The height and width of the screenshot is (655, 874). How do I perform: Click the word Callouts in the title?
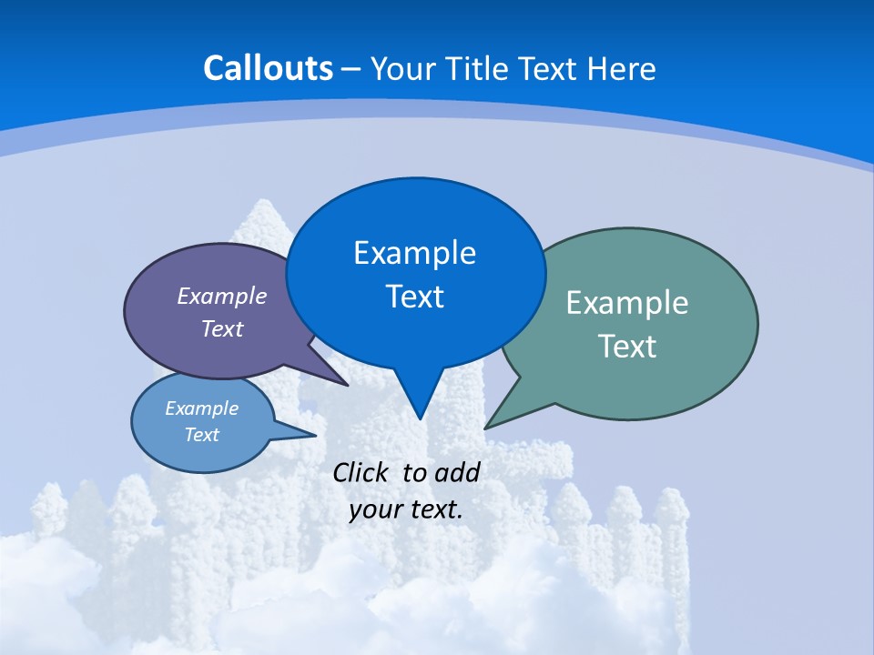point(268,68)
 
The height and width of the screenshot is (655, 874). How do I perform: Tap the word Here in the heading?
point(622,69)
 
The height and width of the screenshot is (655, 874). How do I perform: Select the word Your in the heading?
point(403,69)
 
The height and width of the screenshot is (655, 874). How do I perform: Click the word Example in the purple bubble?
point(222,296)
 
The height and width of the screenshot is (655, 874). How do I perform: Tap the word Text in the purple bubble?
point(222,328)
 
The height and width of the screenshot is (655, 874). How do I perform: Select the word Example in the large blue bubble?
point(414,253)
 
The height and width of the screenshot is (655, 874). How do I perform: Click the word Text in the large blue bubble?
point(414,297)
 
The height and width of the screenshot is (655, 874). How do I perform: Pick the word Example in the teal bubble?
point(627,303)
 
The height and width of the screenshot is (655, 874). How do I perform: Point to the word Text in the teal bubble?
point(627,347)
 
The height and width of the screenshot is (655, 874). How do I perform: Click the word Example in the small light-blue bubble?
point(201,408)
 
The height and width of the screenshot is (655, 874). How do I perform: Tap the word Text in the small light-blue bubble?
point(201,435)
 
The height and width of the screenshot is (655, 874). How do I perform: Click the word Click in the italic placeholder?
point(361,472)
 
